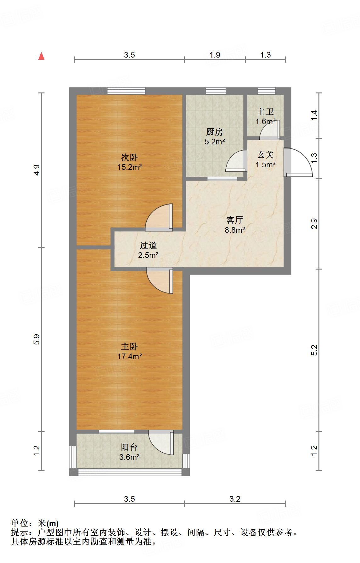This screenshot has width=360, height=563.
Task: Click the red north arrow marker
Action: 41,56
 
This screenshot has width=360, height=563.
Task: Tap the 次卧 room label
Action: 129,157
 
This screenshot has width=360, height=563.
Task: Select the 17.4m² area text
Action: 129,356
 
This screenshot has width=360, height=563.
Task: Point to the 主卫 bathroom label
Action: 265,112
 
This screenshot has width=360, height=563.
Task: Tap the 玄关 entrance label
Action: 265,154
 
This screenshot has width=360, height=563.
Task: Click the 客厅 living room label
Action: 234,220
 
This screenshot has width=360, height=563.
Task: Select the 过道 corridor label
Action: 148,245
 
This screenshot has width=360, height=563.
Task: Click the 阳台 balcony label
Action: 129,447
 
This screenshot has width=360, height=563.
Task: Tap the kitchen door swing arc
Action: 236,160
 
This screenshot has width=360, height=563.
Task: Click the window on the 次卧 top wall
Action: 126,91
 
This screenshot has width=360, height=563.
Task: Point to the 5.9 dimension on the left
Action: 37,339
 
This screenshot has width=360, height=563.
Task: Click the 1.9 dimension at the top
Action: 215,55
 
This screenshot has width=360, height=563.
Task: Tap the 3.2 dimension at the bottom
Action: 235,499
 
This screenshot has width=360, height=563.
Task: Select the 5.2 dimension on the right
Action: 314,350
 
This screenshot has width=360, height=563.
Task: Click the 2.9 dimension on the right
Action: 314,224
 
